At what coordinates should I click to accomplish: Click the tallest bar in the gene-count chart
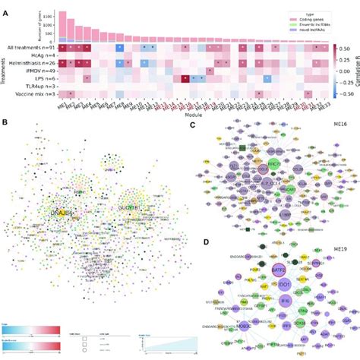pos(62,26)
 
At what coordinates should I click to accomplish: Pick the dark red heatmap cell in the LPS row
pos(185,78)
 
